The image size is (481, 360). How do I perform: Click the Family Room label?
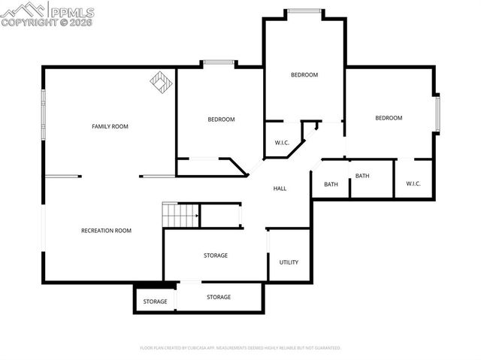click(x=110, y=126)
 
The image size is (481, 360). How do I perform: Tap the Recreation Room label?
click(x=106, y=231)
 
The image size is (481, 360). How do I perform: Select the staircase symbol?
click(x=180, y=215)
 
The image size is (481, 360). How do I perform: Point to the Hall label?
click(x=280, y=189)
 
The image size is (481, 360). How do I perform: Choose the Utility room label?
click(x=289, y=262)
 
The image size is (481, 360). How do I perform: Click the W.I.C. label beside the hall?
click(x=282, y=143)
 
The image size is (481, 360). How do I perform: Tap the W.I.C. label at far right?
click(x=414, y=184)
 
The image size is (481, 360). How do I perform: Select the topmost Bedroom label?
click(x=304, y=74)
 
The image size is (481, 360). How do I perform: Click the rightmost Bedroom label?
click(x=389, y=118)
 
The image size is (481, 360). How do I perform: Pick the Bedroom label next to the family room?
click(x=221, y=119)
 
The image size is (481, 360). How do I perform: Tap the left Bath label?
click(x=331, y=184)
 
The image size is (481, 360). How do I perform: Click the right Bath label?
click(x=362, y=176)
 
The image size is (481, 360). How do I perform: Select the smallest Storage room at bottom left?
click(x=155, y=302)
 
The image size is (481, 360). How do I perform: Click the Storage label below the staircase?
click(x=215, y=256)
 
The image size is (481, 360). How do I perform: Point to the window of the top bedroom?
click(x=304, y=11)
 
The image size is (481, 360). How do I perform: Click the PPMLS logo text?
click(x=71, y=11)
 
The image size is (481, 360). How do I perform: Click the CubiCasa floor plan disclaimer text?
click(x=240, y=348)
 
